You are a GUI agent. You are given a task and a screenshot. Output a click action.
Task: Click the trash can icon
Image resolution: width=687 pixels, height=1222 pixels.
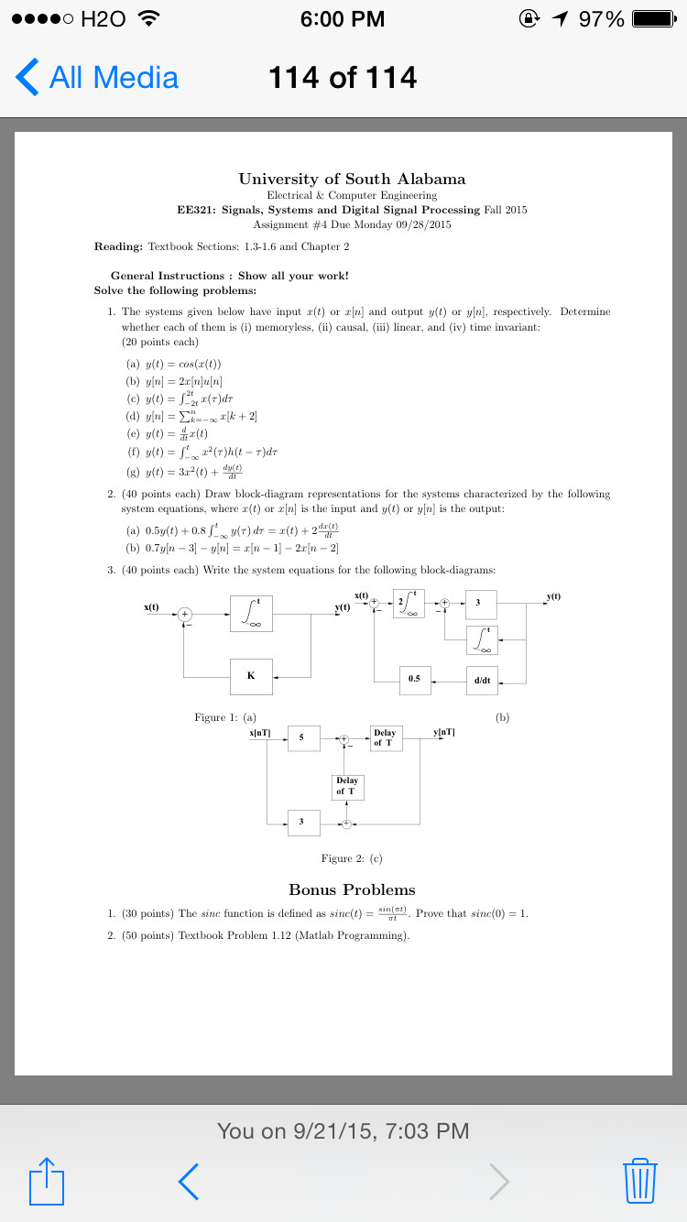tap(638, 1181)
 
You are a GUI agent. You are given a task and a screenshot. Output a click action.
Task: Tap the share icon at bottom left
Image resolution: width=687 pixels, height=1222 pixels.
tap(48, 1181)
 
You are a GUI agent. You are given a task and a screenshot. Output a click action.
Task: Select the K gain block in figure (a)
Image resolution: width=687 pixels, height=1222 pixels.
tap(251, 676)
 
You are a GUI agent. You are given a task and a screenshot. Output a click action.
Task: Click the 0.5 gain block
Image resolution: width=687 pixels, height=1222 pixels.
tap(415, 680)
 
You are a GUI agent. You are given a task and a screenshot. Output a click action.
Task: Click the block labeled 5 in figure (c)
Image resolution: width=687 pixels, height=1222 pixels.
tap(303, 737)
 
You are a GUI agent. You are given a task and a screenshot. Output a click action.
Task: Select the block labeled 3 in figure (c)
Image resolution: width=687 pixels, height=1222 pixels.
tap(303, 822)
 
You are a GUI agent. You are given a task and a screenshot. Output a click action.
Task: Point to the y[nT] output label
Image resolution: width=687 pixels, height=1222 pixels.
tap(443, 732)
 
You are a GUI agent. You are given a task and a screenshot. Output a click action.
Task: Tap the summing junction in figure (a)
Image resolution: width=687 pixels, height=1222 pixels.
tap(185, 614)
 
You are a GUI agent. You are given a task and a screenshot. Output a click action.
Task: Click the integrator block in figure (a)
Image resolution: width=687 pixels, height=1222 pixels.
tap(251, 614)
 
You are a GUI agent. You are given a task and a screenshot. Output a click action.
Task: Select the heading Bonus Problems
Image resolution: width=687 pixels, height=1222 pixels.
tap(352, 889)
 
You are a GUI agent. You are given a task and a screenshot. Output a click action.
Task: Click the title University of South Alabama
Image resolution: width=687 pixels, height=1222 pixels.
tap(352, 179)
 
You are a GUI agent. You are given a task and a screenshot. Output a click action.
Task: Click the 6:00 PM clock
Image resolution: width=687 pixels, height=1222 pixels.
tap(343, 19)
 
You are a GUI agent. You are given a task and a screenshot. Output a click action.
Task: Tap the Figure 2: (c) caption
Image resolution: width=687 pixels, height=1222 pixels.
tap(352, 858)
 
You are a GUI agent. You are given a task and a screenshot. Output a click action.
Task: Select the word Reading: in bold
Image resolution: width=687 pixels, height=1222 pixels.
tap(118, 246)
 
